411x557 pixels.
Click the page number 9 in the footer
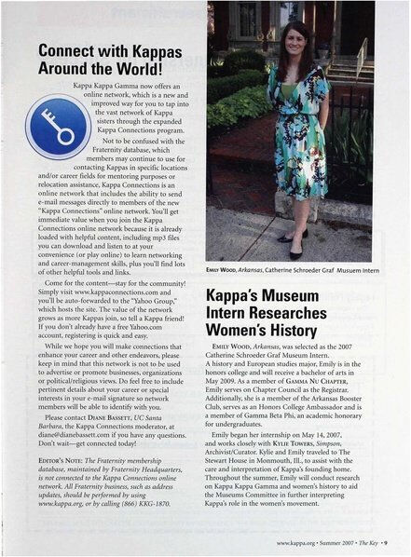tap(397, 540)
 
